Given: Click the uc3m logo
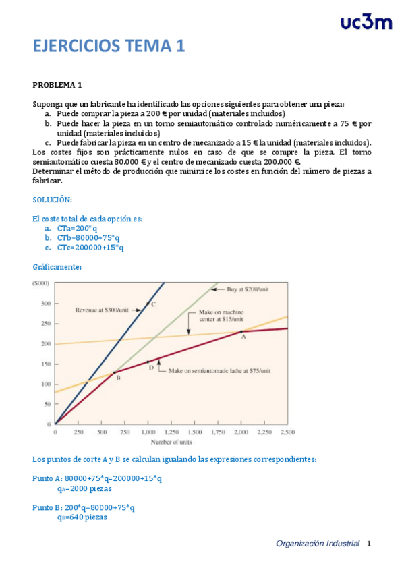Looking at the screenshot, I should point(366,22).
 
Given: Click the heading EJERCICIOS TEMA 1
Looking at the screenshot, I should point(109,46).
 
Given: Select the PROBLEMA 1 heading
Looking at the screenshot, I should point(57,85).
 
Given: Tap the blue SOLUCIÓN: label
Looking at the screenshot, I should point(53,200).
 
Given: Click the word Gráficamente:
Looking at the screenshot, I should point(57,267).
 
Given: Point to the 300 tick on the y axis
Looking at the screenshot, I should point(45,304).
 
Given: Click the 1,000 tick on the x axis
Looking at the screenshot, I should point(147,432).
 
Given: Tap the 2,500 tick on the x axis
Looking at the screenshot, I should point(286,432).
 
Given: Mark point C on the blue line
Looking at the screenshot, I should point(153,304).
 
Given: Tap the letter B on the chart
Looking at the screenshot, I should point(118,378).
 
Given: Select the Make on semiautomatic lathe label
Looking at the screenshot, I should point(219,371).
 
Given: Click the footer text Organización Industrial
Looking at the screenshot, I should point(318,544).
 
